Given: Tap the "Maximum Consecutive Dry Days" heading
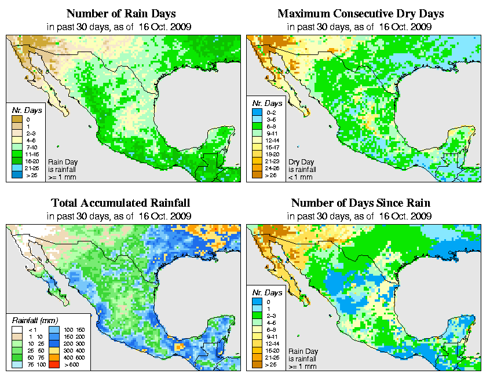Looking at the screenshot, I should tap(361, 13).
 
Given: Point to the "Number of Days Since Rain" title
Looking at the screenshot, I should tap(361, 203).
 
